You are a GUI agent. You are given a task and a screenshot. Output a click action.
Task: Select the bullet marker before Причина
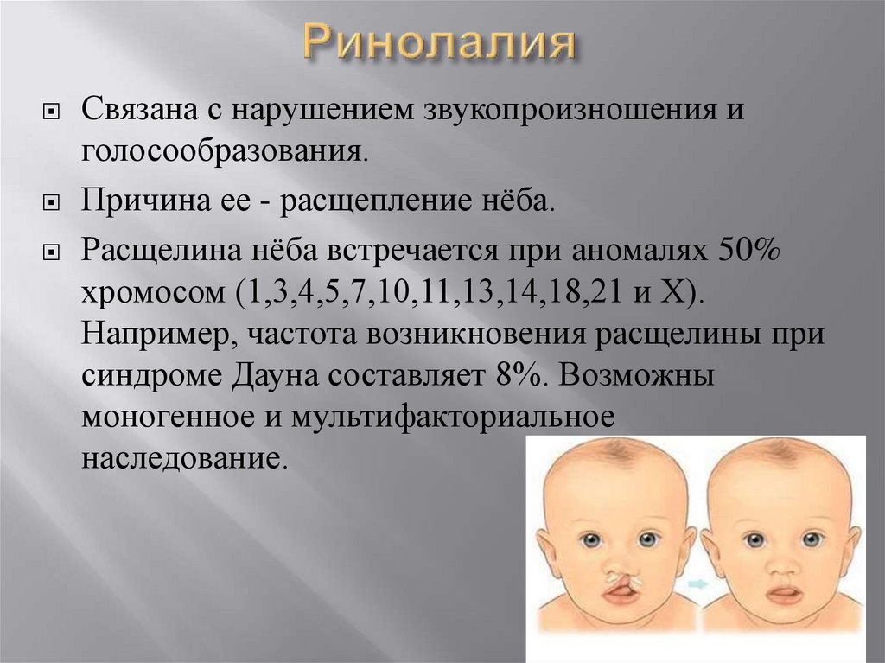coord(52,204)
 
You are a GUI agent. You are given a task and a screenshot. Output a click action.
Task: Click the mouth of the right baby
coord(784,595)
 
